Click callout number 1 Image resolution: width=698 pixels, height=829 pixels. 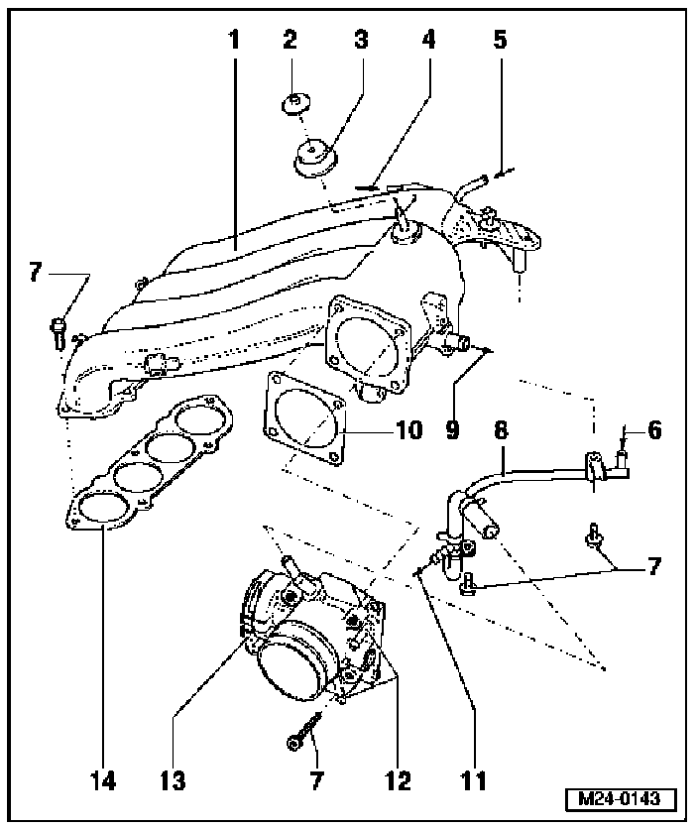(x=235, y=41)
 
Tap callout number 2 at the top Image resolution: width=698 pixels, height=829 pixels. (x=290, y=41)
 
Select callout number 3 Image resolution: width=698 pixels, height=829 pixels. (x=361, y=41)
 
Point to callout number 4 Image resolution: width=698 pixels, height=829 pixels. (x=428, y=41)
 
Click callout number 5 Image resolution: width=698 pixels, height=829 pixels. (x=500, y=41)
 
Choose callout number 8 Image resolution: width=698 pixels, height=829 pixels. (x=502, y=432)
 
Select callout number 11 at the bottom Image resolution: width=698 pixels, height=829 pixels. (x=474, y=780)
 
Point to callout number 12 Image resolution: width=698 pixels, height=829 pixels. (x=397, y=780)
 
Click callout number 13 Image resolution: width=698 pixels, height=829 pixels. (x=174, y=780)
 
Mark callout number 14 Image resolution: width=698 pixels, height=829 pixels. (x=103, y=780)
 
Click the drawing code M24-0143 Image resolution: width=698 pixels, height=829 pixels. (x=620, y=799)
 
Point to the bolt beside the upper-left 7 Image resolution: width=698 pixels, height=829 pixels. (x=58, y=329)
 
